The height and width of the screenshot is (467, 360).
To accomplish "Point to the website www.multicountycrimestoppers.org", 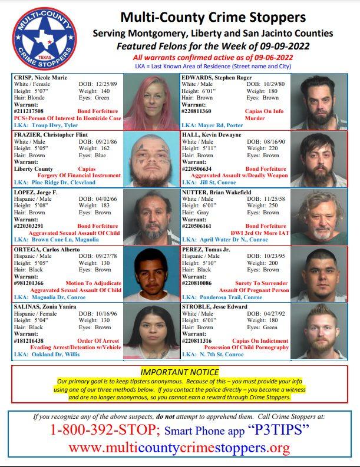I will point(180,448).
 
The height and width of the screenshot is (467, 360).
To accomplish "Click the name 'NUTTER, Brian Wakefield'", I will point(219,191).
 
